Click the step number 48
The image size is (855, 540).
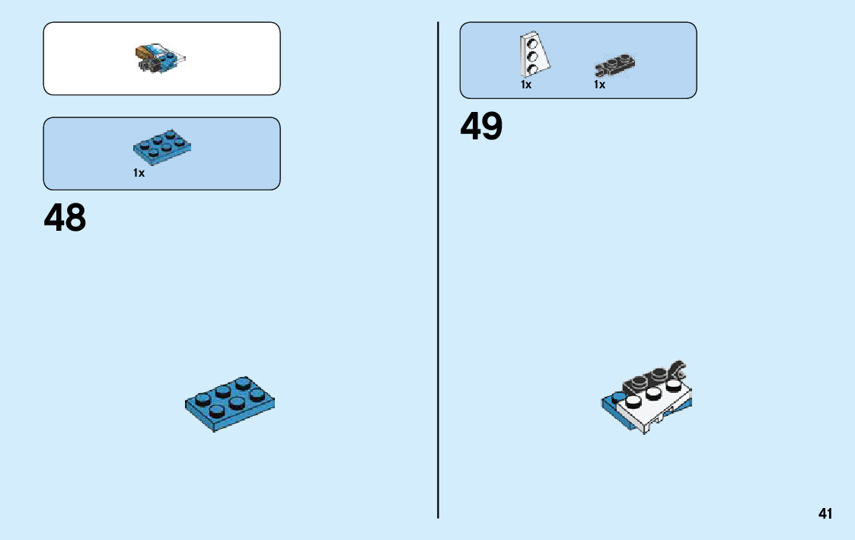tap(65, 218)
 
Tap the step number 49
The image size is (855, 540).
tap(481, 126)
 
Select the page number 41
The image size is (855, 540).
tap(825, 514)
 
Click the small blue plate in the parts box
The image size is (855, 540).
tap(161, 145)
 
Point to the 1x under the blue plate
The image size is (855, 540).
tap(139, 174)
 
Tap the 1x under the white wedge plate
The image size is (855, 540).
tap(526, 85)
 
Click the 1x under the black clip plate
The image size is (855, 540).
tap(600, 85)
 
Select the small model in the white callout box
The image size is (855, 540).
tap(161, 58)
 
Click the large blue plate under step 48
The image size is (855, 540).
tap(229, 404)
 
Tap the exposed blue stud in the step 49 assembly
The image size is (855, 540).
tap(617, 396)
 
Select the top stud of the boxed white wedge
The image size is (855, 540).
tap(532, 43)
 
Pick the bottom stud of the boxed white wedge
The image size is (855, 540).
tap(534, 69)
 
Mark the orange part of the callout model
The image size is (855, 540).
tap(142, 53)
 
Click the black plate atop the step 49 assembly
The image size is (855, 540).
tap(651, 379)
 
